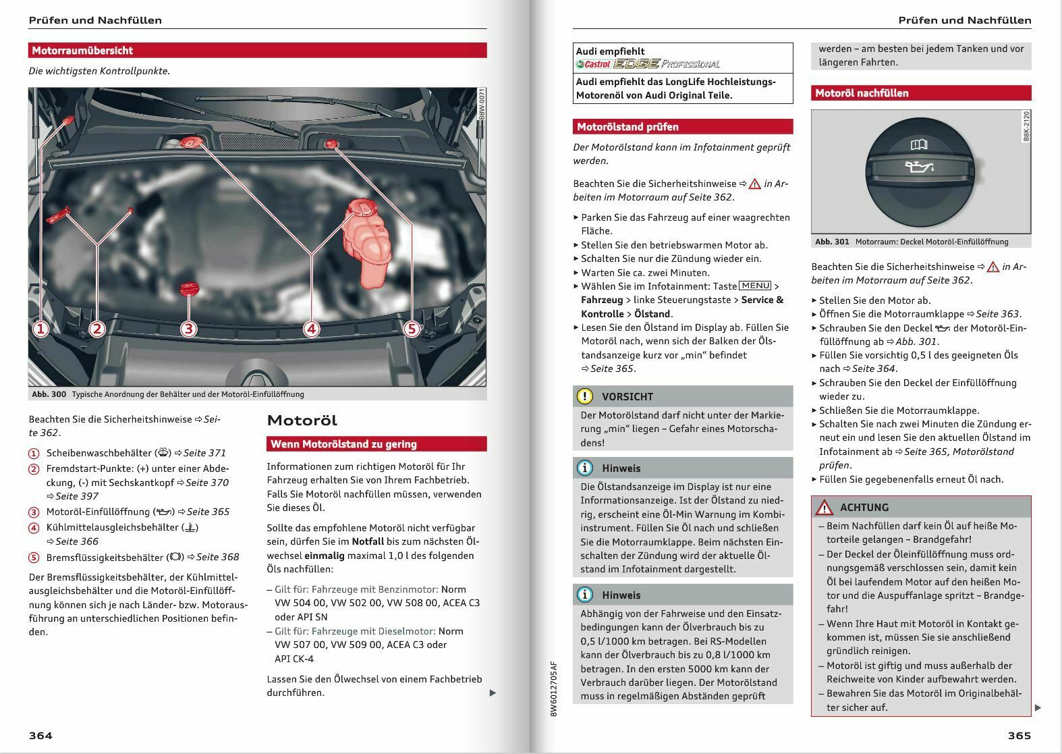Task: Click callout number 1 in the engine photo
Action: pos(40,329)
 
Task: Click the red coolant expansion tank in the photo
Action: pos(366,242)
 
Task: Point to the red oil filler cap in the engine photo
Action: pos(189,288)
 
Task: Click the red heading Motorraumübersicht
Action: pos(82,50)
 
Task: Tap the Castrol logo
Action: pos(593,64)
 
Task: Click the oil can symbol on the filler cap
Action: pos(919,167)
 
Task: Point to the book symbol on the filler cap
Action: pos(919,144)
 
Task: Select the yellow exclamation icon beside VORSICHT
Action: pos(584,396)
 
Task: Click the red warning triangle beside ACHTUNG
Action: pos(825,508)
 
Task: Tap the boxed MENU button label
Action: pos(755,286)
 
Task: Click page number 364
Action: pos(40,736)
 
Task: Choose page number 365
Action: pos(1019,736)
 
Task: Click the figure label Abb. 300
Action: pos(49,394)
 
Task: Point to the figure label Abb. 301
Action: pos(832,242)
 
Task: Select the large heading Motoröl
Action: pos(302,420)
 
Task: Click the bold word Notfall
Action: pos(368,541)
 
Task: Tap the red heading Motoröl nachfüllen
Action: pos(862,93)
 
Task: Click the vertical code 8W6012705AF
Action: pos(553,689)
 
